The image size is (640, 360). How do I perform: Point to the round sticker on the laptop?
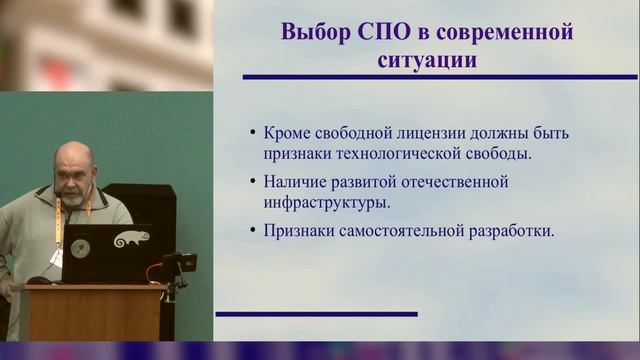80,248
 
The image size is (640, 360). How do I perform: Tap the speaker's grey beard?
76,197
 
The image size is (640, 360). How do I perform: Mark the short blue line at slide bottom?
316,314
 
